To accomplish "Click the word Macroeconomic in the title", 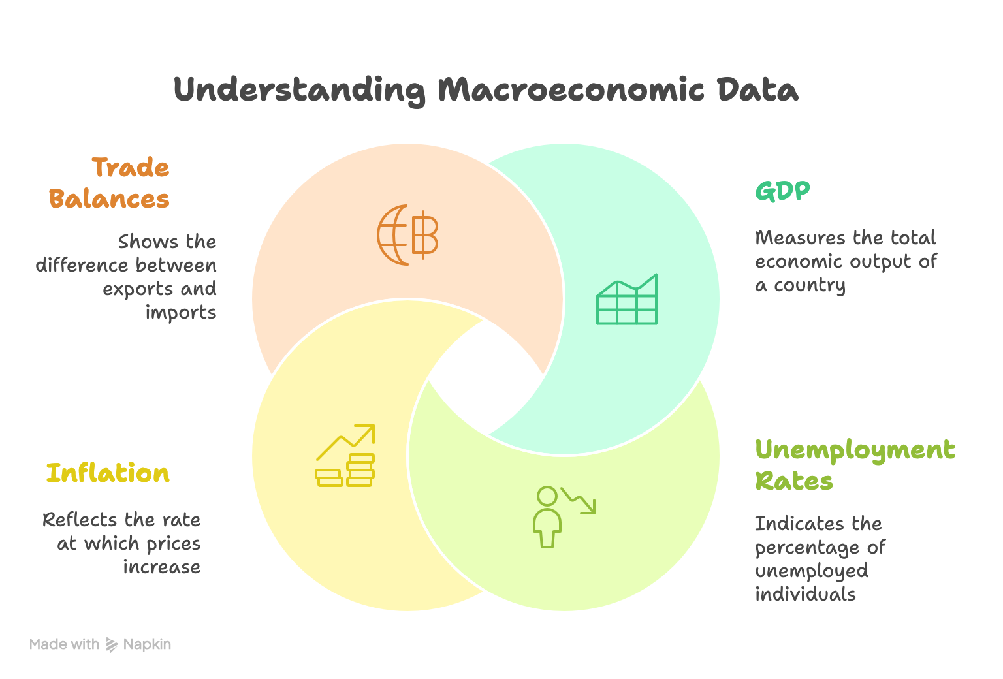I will tap(571, 90).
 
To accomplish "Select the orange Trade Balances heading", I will tap(109, 183).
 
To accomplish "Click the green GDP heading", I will tap(782, 191).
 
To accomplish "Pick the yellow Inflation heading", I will tap(108, 473).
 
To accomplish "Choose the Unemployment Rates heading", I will tap(854, 465).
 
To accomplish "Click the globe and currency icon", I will tap(407, 235).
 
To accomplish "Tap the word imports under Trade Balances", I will tap(180, 313).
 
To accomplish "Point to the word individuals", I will tap(805, 594).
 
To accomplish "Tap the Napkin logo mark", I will tap(112, 645).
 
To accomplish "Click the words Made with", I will tap(64, 644).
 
